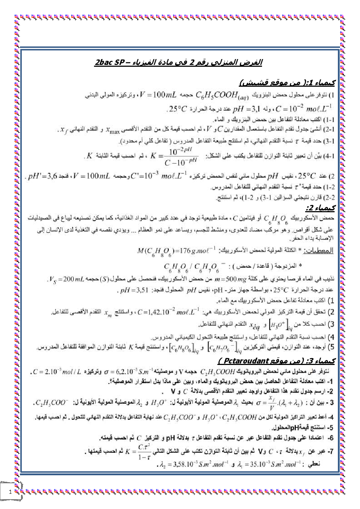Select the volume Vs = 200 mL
[x=67, y=279]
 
